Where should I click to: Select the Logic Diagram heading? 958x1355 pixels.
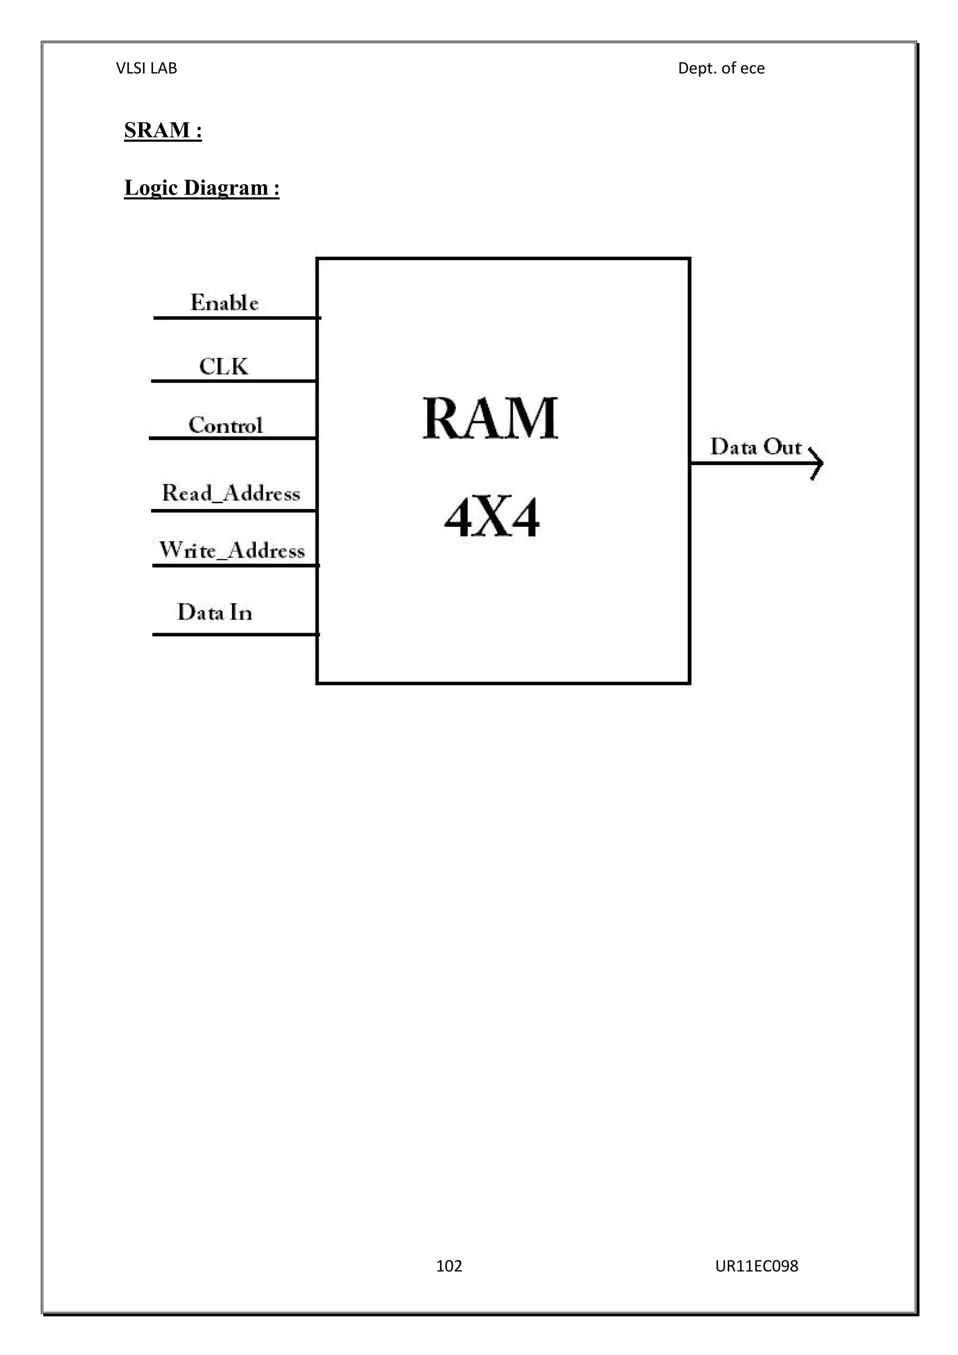tap(201, 188)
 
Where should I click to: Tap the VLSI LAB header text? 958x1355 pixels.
tap(146, 68)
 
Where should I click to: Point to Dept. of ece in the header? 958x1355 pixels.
tap(721, 68)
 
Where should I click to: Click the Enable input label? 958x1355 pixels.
tap(224, 303)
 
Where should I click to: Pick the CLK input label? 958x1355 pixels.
tap(224, 366)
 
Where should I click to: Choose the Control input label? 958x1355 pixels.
tap(225, 425)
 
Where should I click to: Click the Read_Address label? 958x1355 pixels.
tap(231, 493)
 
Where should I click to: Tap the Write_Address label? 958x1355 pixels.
tap(232, 550)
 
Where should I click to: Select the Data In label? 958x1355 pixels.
tap(215, 612)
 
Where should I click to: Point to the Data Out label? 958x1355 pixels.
tap(755, 447)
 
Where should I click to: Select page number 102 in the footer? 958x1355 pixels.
tap(449, 1266)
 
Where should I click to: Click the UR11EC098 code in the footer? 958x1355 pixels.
tap(756, 1266)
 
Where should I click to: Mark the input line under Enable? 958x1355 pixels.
tap(236, 318)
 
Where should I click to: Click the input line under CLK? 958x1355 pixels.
tap(233, 381)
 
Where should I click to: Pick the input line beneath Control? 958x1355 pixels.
tap(232, 438)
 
